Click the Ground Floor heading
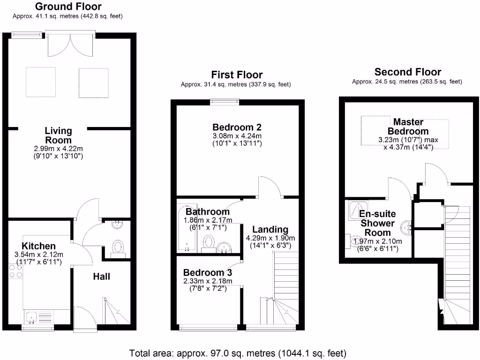point(68,7)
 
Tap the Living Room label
point(58,135)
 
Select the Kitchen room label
point(38,246)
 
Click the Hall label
point(101,277)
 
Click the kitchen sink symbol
point(32,318)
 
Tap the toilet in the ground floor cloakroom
point(119,247)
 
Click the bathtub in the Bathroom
point(186,230)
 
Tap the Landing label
point(270,229)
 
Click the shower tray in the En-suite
point(358,210)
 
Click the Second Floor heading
point(407,72)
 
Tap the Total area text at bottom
point(238,352)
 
